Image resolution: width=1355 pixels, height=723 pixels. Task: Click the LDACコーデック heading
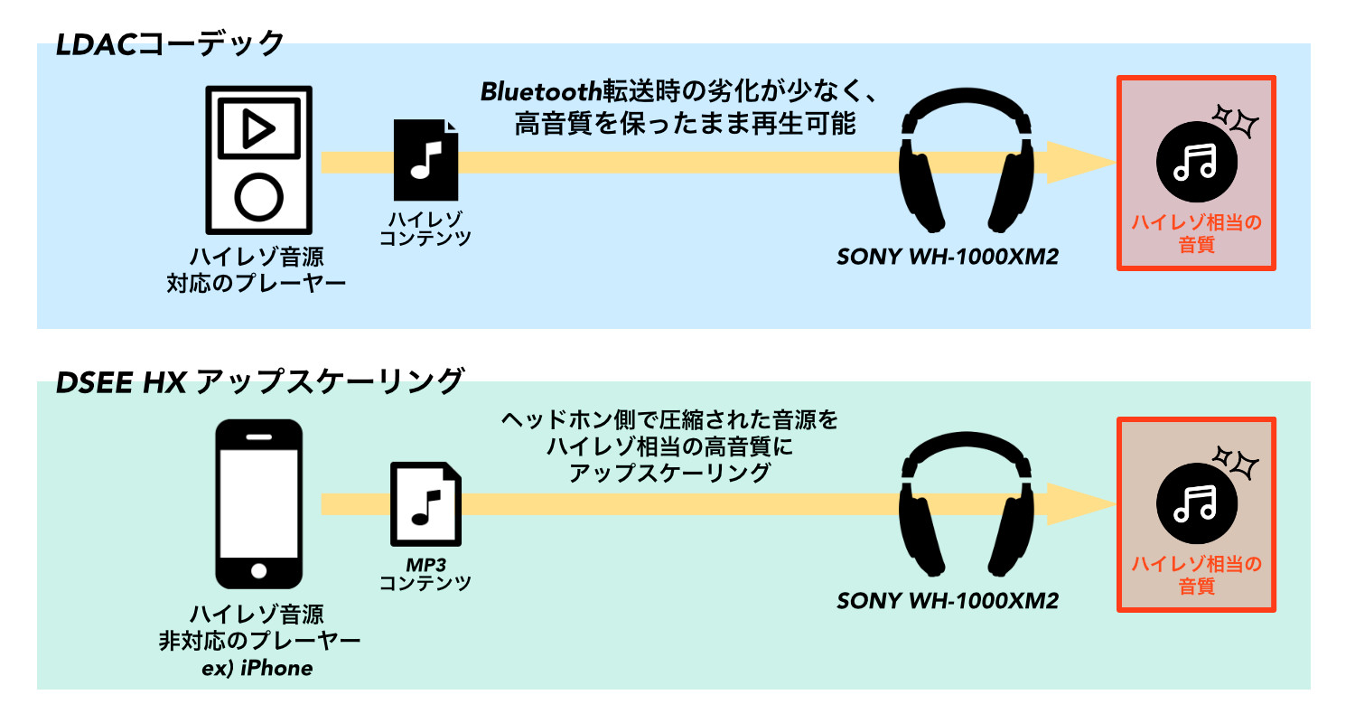tap(170, 43)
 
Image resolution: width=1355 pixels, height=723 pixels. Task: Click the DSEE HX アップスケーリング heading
tap(259, 381)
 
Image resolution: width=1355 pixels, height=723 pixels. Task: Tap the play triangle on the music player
tap(258, 129)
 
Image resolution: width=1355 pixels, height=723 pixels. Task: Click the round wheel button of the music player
tap(258, 194)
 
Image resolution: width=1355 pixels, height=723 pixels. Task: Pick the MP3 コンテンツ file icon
tap(425, 504)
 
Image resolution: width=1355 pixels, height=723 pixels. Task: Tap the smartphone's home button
tap(259, 571)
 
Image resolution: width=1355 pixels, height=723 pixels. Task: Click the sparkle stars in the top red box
tap(1236, 120)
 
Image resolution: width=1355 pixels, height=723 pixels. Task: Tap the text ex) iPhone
tap(259, 669)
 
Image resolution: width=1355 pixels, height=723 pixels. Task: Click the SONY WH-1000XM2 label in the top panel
tap(948, 257)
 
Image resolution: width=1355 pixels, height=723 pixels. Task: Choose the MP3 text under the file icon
tap(425, 564)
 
